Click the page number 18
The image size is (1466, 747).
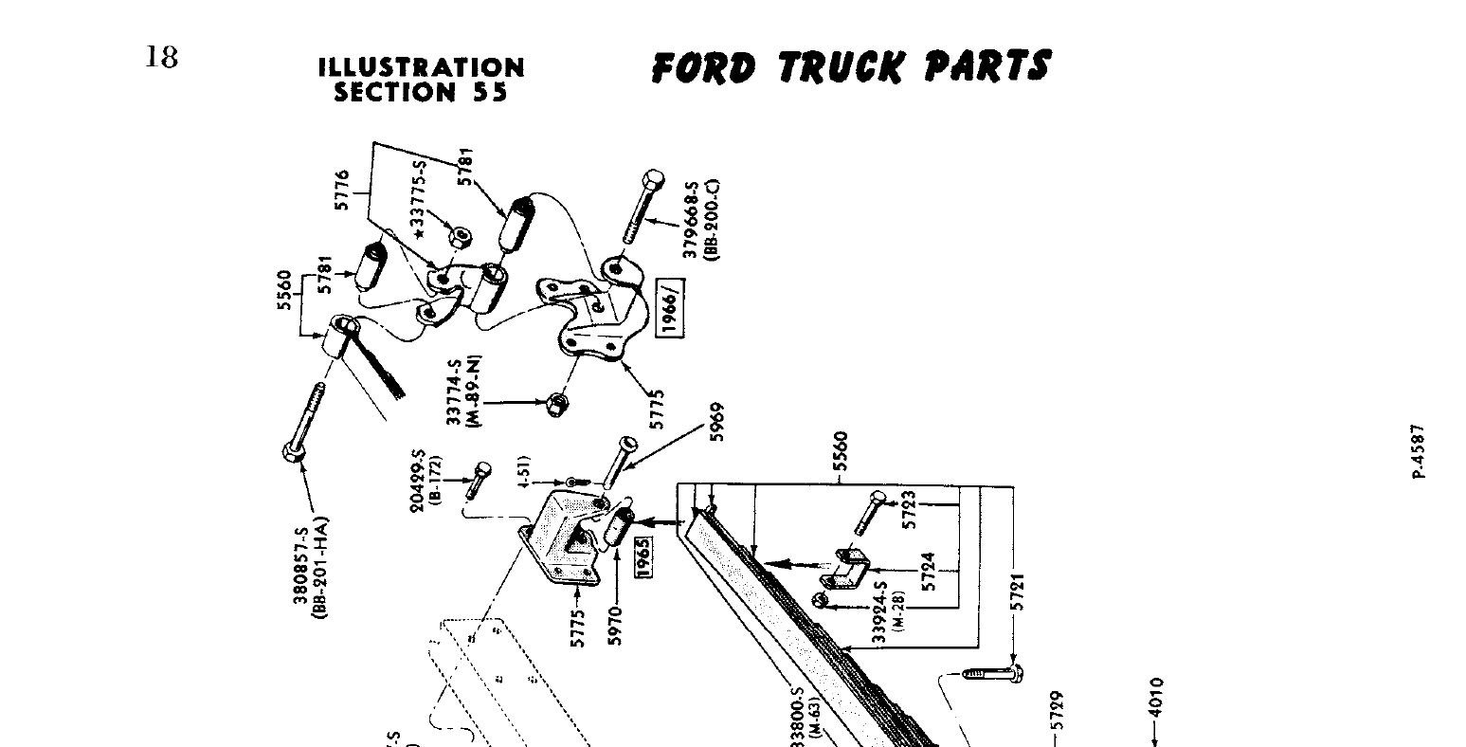161,57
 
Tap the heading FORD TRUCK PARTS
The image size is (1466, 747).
850,67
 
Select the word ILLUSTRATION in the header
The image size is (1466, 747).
421,68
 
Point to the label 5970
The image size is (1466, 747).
617,627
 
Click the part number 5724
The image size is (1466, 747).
929,572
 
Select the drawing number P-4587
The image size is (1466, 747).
1418,450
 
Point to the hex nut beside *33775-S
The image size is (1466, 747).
459,237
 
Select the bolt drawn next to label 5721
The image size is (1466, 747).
990,674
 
